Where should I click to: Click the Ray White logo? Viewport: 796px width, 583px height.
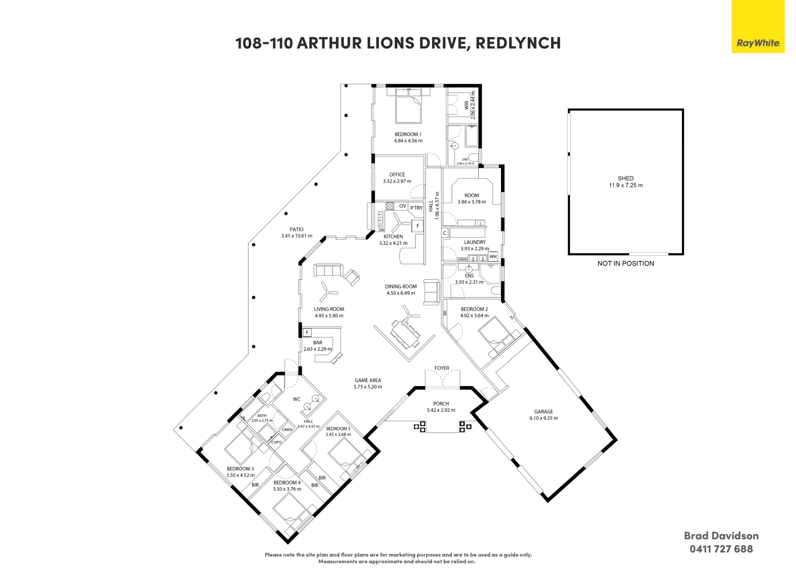(758, 26)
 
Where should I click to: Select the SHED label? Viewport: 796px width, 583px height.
(626, 178)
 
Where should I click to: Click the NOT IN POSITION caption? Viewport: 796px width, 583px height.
(626, 263)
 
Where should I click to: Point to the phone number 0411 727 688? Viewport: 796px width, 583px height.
(721, 549)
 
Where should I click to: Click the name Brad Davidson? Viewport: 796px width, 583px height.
(721, 536)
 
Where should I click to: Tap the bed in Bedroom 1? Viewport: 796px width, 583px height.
(408, 109)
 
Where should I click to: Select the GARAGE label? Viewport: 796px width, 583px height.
(544, 411)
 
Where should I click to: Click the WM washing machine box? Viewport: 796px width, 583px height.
(493, 257)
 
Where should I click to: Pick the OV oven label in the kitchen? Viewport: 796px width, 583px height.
(403, 206)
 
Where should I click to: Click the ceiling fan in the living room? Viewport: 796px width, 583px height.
(328, 292)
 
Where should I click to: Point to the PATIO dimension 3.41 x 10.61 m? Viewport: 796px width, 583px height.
(297, 236)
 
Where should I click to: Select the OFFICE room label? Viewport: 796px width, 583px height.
(397, 175)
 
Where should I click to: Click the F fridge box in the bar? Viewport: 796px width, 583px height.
(307, 332)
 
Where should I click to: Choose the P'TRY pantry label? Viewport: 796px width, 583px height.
(416, 208)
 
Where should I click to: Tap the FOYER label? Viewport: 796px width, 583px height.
(442, 368)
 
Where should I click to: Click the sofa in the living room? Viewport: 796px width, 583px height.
(328, 270)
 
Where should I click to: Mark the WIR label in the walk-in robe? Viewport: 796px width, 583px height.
(466, 105)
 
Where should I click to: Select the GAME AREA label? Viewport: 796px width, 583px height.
(368, 380)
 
